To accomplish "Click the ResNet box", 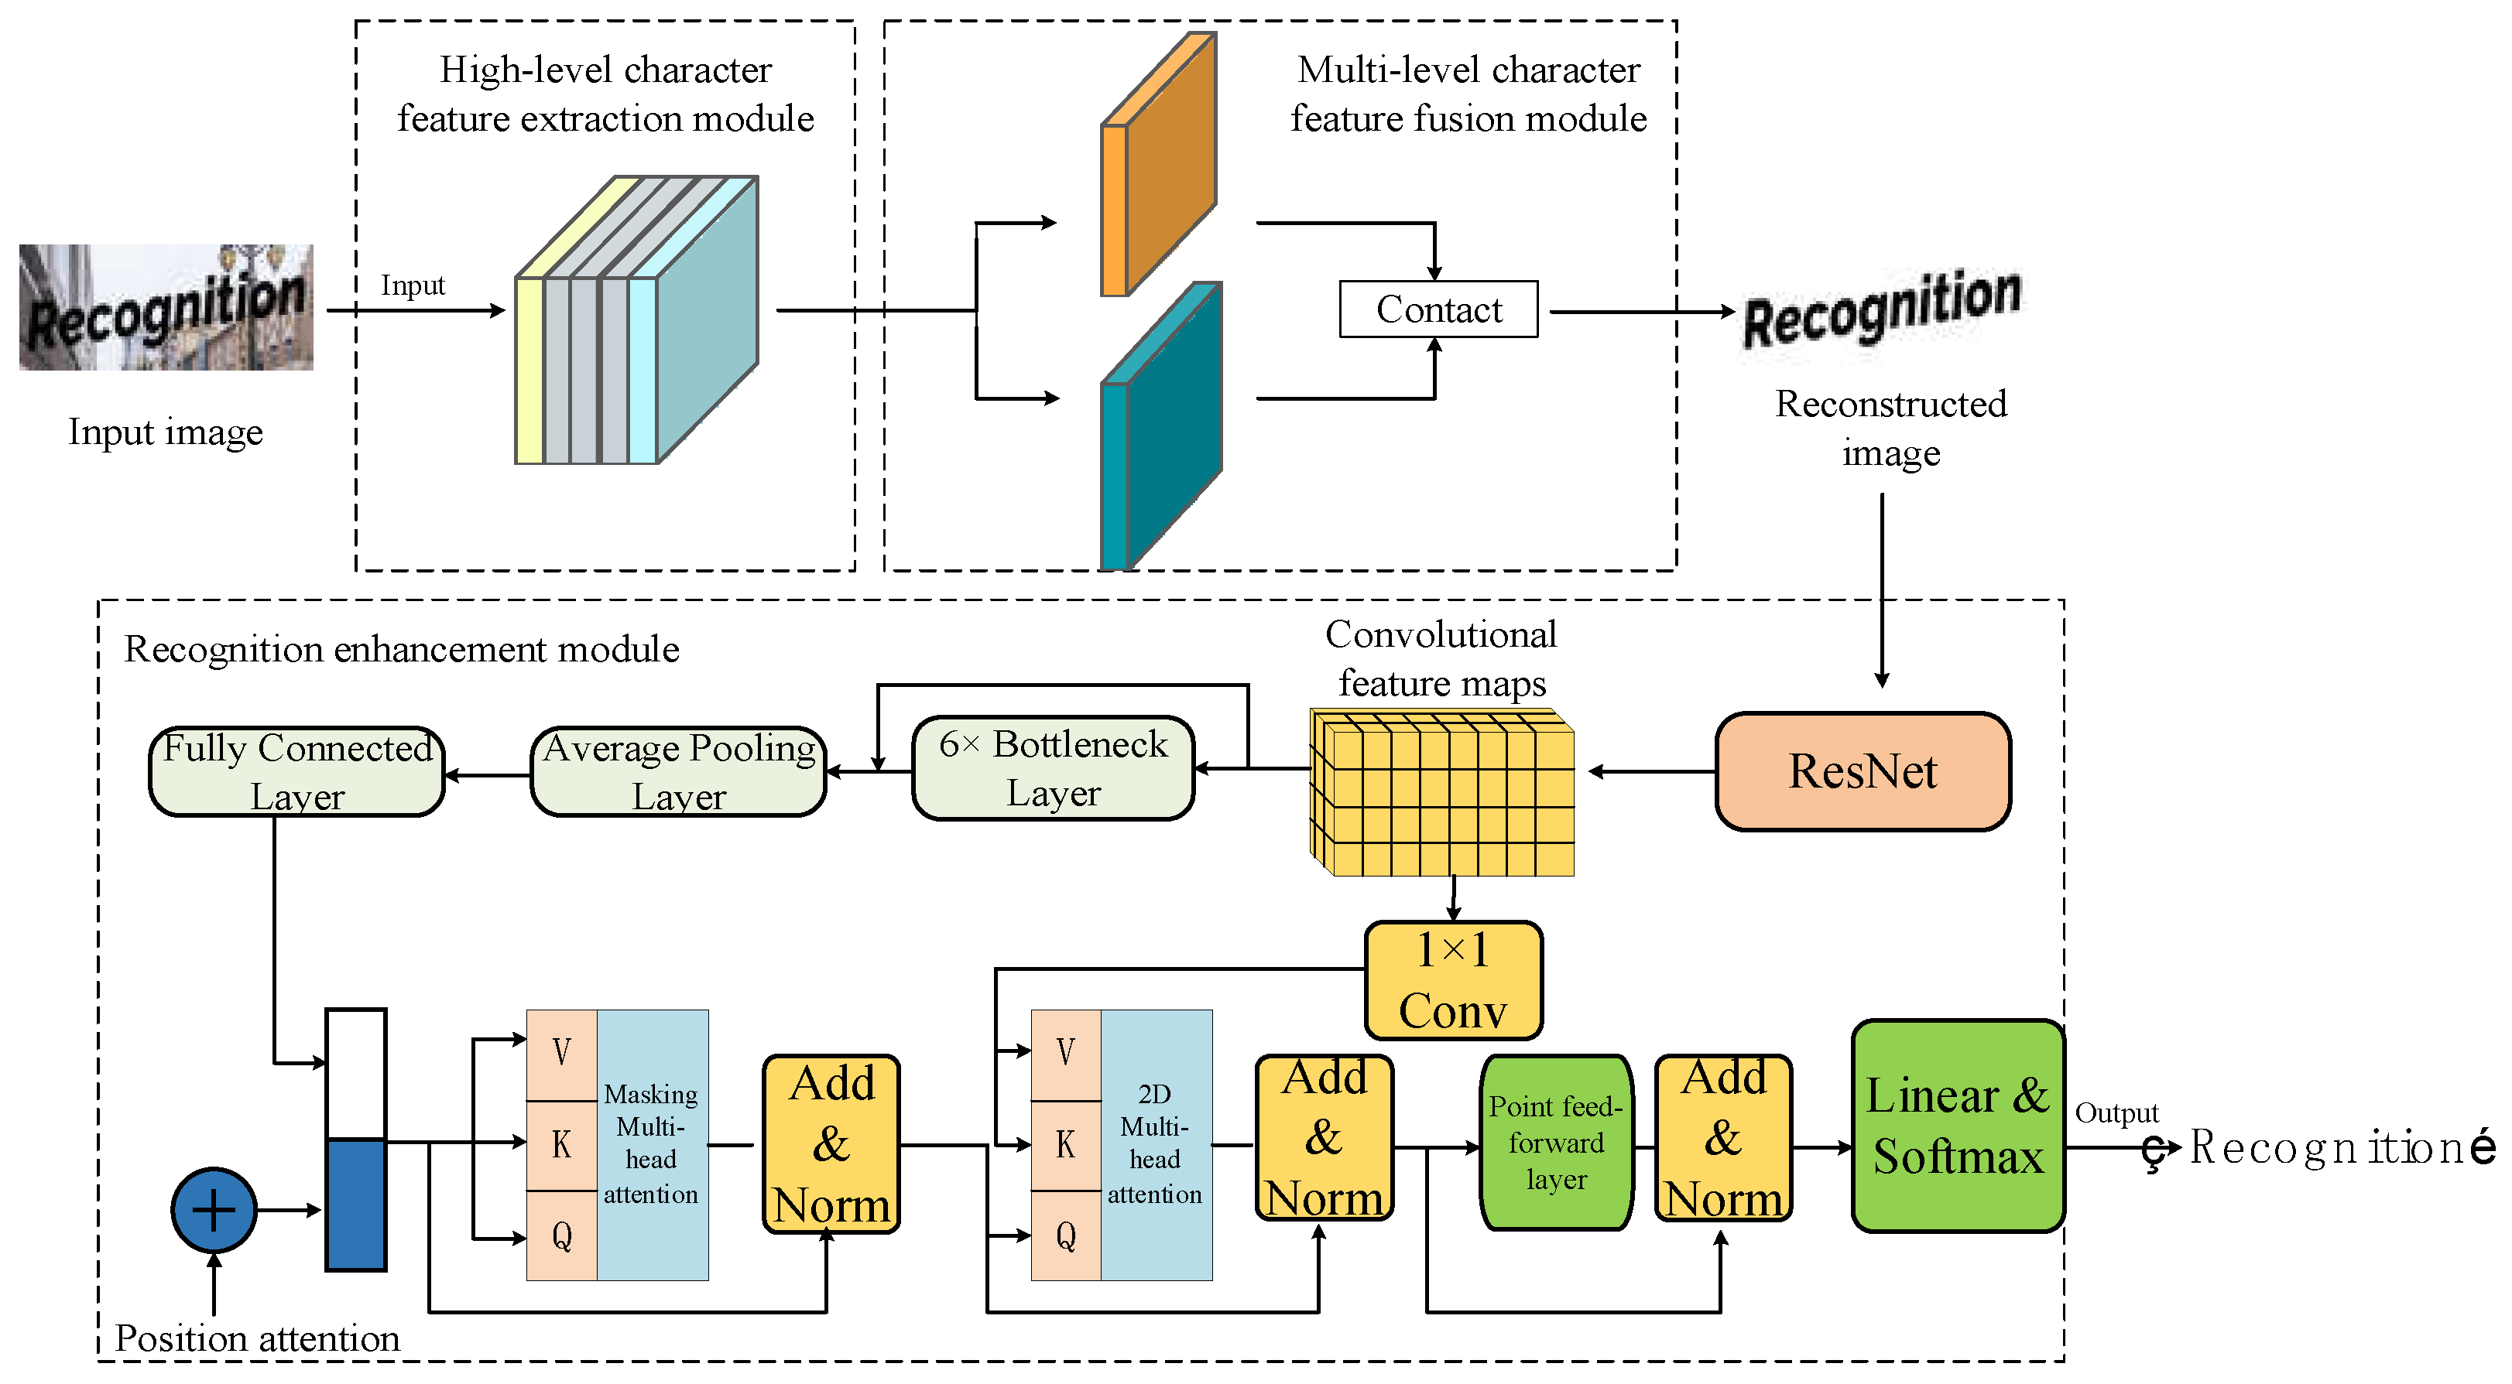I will [1863, 771].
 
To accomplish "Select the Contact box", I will [1438, 309].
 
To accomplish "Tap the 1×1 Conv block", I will [1453, 979].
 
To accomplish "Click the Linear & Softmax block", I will [1957, 1126].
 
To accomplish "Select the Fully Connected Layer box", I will [296, 771].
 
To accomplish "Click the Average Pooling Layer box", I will [679, 771].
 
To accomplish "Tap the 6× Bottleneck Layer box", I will [1053, 768].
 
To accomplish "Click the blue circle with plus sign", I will [214, 1209].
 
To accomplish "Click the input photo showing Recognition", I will [166, 307].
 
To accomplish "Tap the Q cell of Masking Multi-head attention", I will [562, 1236].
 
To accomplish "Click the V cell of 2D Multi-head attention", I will [1066, 1053].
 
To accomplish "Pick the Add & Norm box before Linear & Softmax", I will [1723, 1137].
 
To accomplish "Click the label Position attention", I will [258, 1338].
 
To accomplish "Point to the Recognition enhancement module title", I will [402, 649].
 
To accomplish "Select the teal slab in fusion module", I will [1160, 429].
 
